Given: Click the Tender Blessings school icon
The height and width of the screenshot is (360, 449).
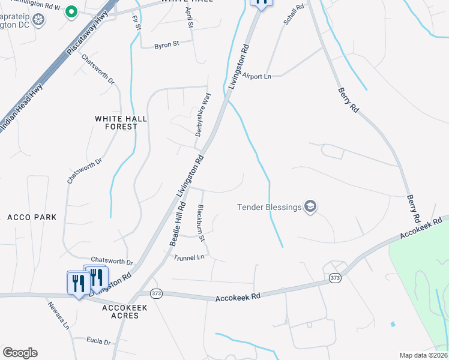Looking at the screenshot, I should point(310,207).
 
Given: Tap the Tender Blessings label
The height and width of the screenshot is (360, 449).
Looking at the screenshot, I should point(270,208).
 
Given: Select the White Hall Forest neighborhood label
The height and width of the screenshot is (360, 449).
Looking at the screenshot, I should point(121,123).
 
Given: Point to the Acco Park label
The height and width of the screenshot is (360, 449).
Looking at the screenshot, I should point(32,217).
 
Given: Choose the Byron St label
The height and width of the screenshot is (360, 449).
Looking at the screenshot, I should point(167,44).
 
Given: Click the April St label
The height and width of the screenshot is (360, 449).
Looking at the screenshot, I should point(190,18).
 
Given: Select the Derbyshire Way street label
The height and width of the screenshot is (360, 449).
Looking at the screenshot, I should point(203,113).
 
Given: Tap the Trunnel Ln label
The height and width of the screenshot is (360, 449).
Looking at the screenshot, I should point(189,257).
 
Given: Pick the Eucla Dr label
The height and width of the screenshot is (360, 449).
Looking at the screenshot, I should point(98,342).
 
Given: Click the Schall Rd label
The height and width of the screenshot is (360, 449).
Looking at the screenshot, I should point(294,13).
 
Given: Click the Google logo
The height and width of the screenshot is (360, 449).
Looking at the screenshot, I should point(20,353).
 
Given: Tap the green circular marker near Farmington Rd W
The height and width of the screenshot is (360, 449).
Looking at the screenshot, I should point(71,11).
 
